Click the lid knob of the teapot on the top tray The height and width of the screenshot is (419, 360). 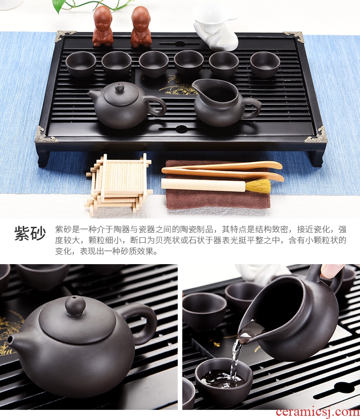[119, 88]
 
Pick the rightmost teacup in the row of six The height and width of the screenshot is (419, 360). [265, 63]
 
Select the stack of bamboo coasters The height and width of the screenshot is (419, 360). [119, 182]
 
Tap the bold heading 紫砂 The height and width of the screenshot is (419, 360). [30, 233]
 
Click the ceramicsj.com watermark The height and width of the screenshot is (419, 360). [318, 412]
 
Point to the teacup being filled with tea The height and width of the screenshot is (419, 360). [224, 378]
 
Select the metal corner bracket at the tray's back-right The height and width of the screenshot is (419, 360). [295, 36]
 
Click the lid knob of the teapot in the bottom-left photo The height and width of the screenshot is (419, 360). [75, 305]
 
